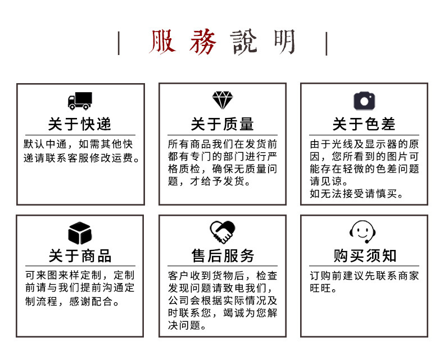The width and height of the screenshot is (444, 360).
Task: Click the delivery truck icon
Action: (80, 101)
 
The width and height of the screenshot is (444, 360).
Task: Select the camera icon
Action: (364, 101)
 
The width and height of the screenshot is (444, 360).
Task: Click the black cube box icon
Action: (80, 233)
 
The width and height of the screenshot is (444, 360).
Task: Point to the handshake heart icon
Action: (222, 232)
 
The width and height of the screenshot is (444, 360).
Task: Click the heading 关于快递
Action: (80, 124)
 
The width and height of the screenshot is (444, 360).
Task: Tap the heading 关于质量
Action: (222, 124)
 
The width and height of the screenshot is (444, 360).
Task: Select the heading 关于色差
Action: (364, 124)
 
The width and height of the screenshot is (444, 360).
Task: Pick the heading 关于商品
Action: (80, 256)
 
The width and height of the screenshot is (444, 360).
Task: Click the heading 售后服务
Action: (223, 256)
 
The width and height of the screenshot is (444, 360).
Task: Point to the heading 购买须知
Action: (364, 256)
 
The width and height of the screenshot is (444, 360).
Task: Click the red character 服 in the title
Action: (164, 43)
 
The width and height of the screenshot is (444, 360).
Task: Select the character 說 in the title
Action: (244, 43)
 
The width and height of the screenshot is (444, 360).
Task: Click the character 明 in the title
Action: (284, 43)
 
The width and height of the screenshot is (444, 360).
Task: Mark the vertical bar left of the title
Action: (119, 43)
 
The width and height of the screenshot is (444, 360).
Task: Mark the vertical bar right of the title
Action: (326, 43)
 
